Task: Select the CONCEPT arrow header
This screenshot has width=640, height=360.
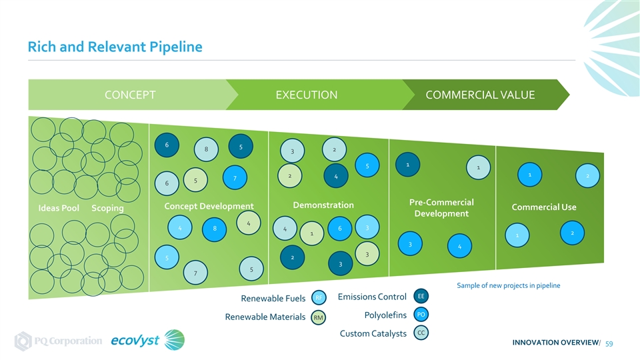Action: click(x=131, y=95)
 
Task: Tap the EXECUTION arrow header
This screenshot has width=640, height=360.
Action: click(x=306, y=95)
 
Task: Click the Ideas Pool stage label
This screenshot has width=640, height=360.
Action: click(x=61, y=209)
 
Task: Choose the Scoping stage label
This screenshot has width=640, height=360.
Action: click(x=107, y=209)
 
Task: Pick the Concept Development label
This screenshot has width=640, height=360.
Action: click(x=208, y=207)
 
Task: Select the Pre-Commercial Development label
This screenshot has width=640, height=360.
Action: click(x=441, y=208)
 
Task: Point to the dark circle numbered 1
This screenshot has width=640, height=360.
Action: click(x=407, y=163)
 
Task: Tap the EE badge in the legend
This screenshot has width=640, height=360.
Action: click(x=421, y=295)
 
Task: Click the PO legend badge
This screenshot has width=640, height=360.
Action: click(x=421, y=314)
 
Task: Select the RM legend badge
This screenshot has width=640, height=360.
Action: click(x=319, y=318)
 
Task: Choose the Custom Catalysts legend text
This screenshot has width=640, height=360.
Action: click(x=373, y=333)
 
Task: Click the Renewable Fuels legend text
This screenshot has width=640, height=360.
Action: click(x=273, y=298)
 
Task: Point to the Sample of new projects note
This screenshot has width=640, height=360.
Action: click(x=508, y=286)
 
